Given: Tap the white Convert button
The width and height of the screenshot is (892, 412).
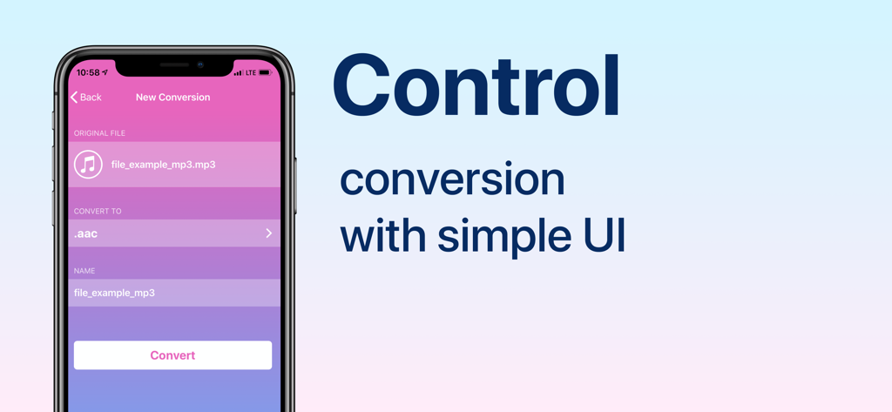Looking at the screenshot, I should click(x=172, y=355).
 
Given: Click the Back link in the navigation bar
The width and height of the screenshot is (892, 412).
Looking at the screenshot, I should click(x=86, y=98).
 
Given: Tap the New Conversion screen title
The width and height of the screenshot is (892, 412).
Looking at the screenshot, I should click(x=172, y=98).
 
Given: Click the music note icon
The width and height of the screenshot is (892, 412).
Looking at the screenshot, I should click(x=88, y=165).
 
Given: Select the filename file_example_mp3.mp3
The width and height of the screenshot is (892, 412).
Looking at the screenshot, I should click(x=163, y=165).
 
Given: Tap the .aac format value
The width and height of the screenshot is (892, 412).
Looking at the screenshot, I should click(x=86, y=233).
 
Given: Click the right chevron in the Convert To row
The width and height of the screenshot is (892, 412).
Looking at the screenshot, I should click(x=268, y=233).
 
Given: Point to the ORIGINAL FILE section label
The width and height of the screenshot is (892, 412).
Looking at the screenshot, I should click(x=99, y=133).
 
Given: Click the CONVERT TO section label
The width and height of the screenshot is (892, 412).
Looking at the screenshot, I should click(x=98, y=211).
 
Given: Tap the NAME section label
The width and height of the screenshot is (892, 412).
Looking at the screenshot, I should click(x=84, y=271).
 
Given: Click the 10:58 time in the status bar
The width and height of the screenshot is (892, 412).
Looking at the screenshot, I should click(x=88, y=73).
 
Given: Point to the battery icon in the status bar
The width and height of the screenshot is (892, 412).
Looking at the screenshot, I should click(x=265, y=73).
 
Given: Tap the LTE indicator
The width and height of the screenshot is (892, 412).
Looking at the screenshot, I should click(x=251, y=73).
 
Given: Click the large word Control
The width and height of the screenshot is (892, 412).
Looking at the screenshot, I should click(x=476, y=87).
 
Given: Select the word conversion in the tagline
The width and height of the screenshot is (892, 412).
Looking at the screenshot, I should click(x=452, y=180).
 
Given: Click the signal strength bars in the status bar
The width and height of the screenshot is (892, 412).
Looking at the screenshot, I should click(x=238, y=73).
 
